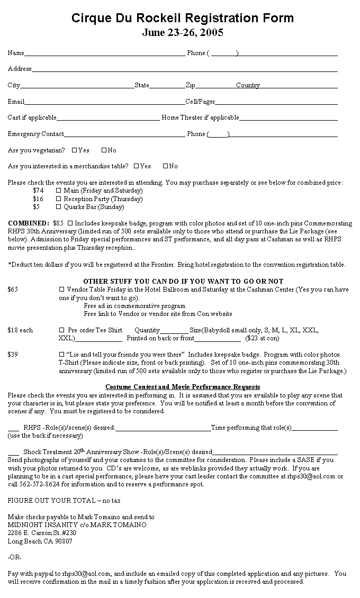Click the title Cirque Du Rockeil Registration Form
183,19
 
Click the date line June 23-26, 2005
183,33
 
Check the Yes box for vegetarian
74,150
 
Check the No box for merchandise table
165,166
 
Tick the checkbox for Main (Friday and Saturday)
59,191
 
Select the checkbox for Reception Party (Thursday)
59,199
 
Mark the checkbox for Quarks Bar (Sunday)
59,207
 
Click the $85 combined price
58,223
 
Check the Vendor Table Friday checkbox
62,289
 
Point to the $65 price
13,289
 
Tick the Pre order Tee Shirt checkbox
62,330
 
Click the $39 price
13,355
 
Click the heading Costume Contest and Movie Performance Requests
183,387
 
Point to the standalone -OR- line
15,557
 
